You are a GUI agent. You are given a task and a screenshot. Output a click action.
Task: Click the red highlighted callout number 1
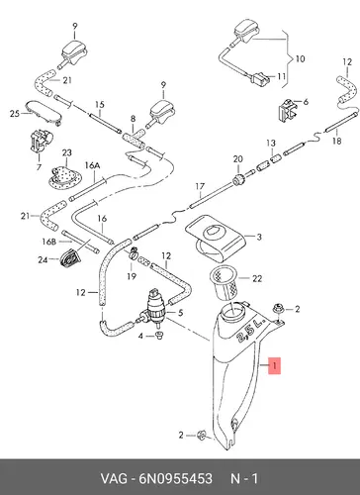[275, 365]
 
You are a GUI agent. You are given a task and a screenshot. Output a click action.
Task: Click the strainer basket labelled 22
[225, 284]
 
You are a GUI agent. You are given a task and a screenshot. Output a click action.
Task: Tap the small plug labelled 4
[160, 337]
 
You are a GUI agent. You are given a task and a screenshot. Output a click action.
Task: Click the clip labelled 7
[41, 142]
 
